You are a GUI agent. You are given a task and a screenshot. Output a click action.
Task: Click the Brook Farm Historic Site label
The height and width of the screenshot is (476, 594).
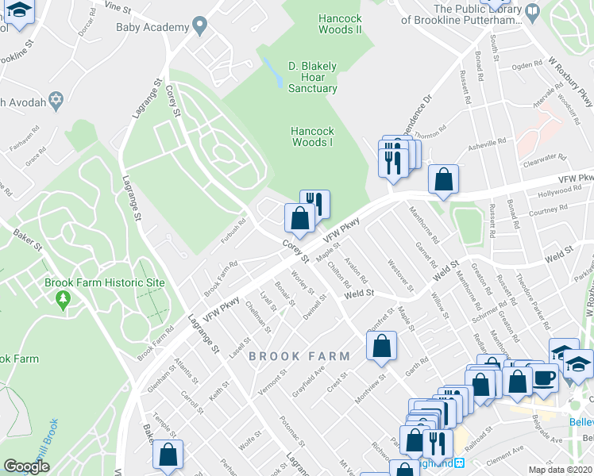(104, 282)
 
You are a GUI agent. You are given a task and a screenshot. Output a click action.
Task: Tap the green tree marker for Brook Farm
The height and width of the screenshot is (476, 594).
(64, 299)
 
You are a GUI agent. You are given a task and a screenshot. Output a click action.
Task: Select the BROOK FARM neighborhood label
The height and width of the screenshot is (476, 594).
(297, 356)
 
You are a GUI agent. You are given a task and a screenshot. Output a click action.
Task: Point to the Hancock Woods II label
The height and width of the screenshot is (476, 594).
(339, 23)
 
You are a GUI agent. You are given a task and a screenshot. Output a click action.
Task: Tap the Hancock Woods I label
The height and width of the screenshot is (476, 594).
(311, 136)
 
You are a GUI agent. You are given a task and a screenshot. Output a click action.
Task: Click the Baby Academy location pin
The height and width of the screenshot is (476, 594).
(199, 27)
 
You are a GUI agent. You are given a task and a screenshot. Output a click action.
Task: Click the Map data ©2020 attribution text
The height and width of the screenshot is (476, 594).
(560, 470)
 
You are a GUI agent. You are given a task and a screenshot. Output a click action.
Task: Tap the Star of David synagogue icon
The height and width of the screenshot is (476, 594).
(56, 100)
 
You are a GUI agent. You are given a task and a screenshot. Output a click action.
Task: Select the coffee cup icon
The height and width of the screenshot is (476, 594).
(545, 378)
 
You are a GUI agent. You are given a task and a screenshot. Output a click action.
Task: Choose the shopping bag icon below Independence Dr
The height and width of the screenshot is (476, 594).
(443, 179)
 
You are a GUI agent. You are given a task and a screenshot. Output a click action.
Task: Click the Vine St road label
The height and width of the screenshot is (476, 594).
(116, 6)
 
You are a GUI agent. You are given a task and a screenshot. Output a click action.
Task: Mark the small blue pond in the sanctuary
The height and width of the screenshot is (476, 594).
(276, 74)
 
